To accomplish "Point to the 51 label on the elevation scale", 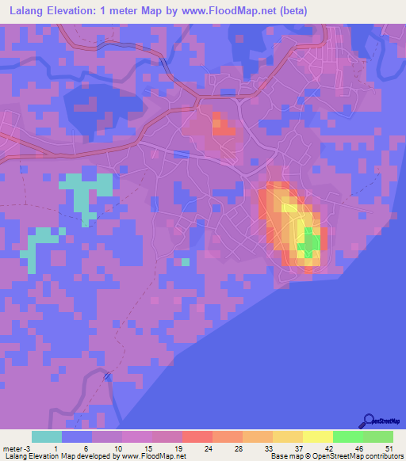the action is (x=389, y=448).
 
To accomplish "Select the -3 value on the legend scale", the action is (x=26, y=448).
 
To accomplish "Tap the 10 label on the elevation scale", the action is (x=117, y=448).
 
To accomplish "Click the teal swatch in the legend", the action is (x=46, y=436).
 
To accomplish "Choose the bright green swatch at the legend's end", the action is (x=377, y=436).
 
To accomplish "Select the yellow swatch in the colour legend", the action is (x=317, y=436).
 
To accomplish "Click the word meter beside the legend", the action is (x=11, y=448).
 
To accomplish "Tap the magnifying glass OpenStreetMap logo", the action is (x=369, y=421).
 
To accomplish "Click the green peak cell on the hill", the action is (x=309, y=242).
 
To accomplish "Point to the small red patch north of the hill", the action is (x=220, y=125).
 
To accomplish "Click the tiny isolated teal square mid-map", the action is (x=185, y=262).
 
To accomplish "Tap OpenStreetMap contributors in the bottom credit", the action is (x=362, y=456).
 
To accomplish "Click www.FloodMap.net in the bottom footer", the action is (x=153, y=456).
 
